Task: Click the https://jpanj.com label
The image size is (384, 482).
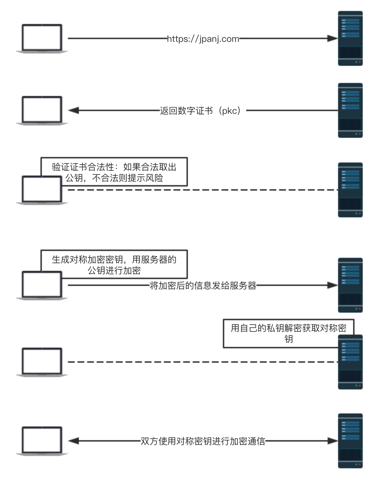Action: [x=203, y=39]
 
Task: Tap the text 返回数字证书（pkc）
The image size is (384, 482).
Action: [x=203, y=111]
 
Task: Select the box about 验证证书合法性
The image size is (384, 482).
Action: [x=114, y=172]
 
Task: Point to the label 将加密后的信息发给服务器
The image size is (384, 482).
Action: [x=203, y=286]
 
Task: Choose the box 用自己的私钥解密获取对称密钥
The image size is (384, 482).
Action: [x=288, y=333]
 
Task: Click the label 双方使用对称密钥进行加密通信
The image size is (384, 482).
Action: [x=203, y=441]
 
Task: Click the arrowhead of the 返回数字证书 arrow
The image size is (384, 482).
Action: [x=74, y=110]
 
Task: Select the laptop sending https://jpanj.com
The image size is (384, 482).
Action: [x=42, y=38]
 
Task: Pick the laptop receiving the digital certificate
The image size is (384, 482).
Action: [x=42, y=110]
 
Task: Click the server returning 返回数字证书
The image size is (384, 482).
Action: [x=350, y=110]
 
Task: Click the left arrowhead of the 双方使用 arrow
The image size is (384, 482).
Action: [x=74, y=441]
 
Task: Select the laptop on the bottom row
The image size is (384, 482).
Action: [x=42, y=441]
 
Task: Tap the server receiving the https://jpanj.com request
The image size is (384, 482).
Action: [x=350, y=38]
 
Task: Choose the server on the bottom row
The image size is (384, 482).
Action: [x=350, y=441]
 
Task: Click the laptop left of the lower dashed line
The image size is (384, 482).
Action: [x=42, y=362]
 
